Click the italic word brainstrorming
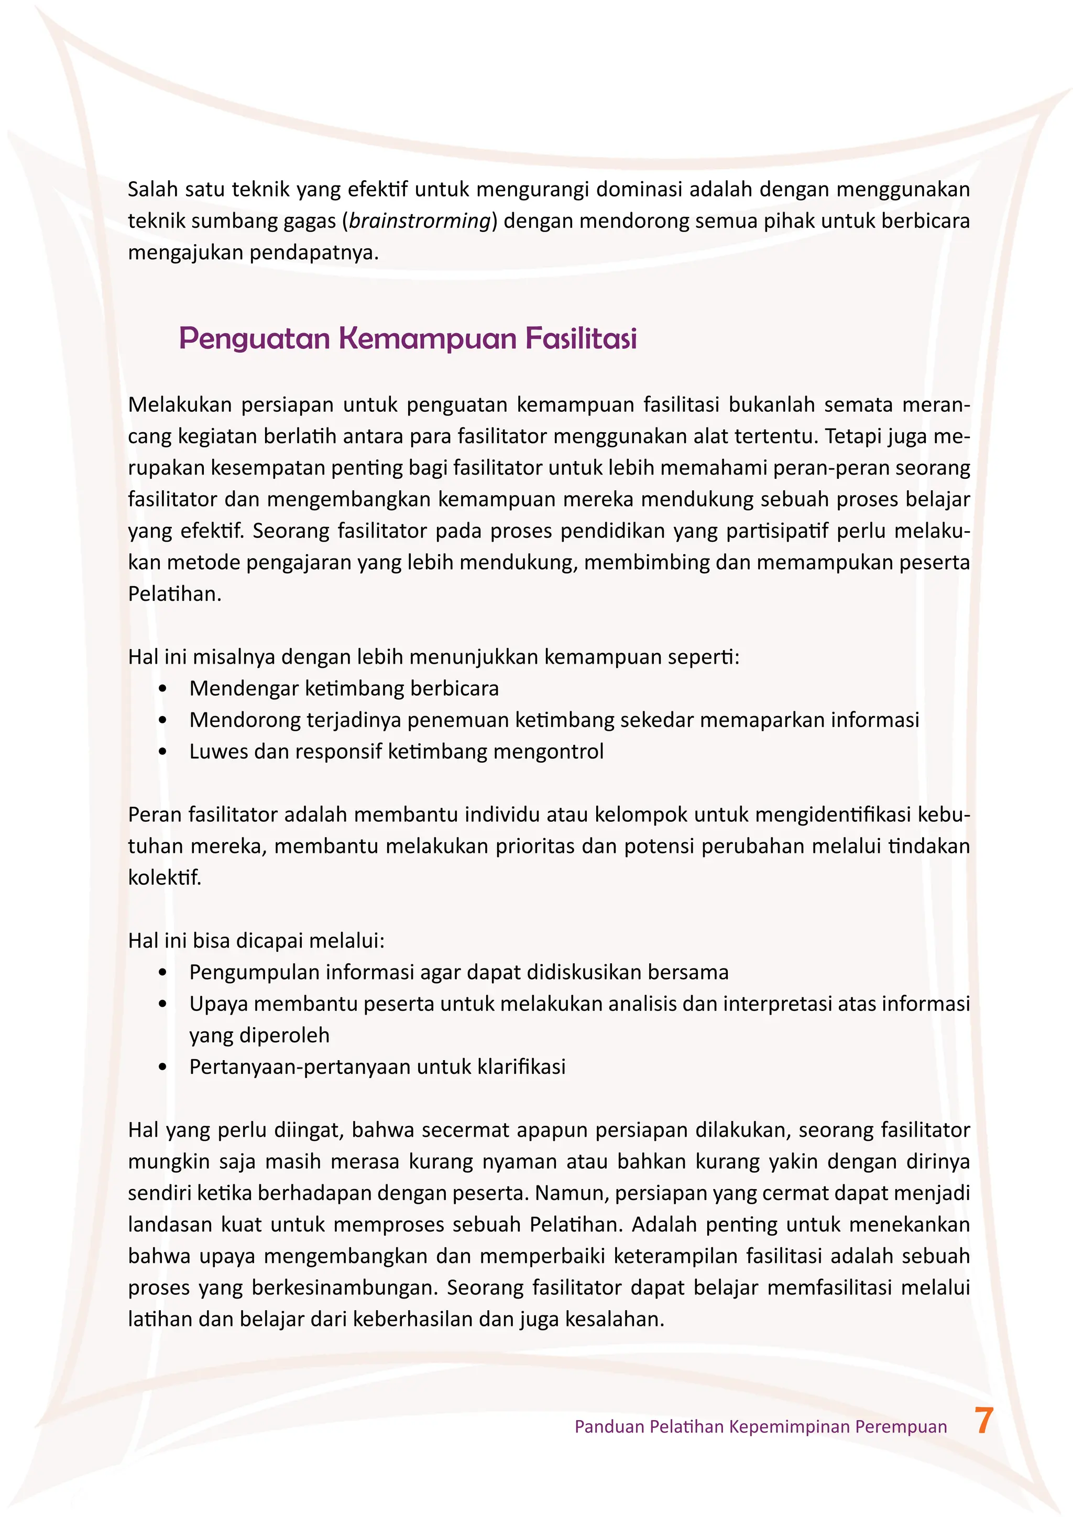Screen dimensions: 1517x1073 (420, 221)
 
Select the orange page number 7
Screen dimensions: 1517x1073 (984, 1421)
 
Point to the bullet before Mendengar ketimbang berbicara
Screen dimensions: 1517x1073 (163, 689)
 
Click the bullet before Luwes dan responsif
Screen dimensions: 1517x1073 (163, 753)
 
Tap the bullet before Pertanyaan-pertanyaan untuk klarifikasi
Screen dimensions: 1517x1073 (163, 1068)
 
